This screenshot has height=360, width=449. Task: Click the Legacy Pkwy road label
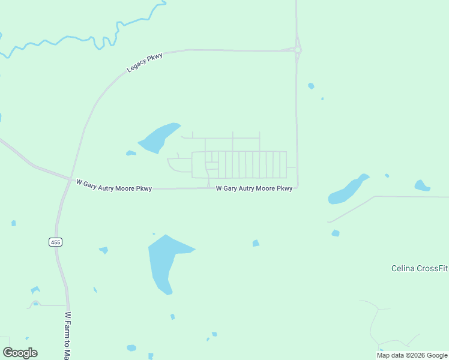145,62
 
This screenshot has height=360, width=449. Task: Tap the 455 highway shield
56,242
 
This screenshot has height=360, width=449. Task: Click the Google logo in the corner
20,353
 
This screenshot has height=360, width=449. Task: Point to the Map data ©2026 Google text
412,355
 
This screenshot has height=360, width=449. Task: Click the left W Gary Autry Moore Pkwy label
113,185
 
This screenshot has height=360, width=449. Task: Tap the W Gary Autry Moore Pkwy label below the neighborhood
254,188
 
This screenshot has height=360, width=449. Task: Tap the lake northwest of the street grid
158,137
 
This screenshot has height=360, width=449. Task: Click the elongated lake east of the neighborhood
348,190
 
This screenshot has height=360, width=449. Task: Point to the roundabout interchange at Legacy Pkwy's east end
298,50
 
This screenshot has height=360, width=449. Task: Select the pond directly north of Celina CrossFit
422,185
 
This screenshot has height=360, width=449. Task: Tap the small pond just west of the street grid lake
131,153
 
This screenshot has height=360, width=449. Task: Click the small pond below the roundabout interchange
311,86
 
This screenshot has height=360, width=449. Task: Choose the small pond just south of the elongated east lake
335,233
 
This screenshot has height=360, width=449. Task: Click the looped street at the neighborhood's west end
178,164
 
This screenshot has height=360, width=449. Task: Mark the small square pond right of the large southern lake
256,243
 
